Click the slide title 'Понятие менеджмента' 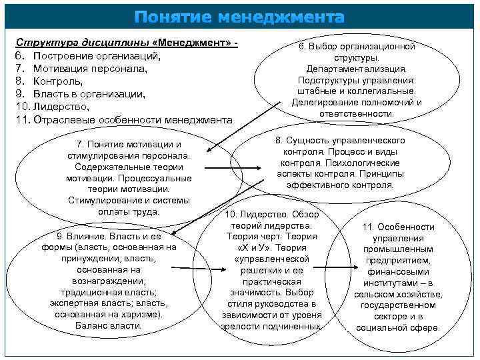pyautogui.click(x=239, y=16)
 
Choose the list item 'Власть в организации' pyautogui.click(x=89, y=93)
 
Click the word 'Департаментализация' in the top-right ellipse pyautogui.click(x=356, y=69)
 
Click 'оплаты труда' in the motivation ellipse pyautogui.click(x=129, y=212)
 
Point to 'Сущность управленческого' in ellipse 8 pyautogui.click(x=345, y=141)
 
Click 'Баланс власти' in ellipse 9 pyautogui.click(x=107, y=326)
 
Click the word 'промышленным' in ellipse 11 pyautogui.click(x=398, y=249)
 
